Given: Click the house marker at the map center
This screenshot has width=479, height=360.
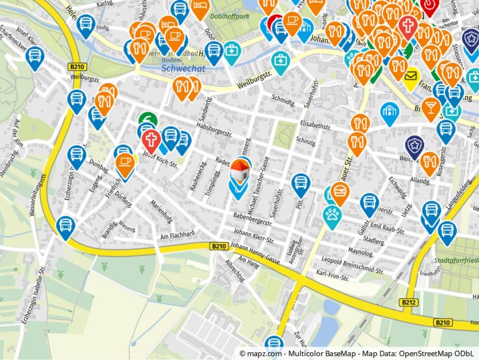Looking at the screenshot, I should [240, 171].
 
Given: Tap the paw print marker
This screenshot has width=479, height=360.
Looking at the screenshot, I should [332, 215].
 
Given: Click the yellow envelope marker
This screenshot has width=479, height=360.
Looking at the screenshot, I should [411, 76].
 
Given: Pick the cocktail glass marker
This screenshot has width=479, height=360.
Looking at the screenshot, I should [430, 107].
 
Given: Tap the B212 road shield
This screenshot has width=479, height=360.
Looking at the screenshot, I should [409, 302].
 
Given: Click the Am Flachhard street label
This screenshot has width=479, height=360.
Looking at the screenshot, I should [178, 235].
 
